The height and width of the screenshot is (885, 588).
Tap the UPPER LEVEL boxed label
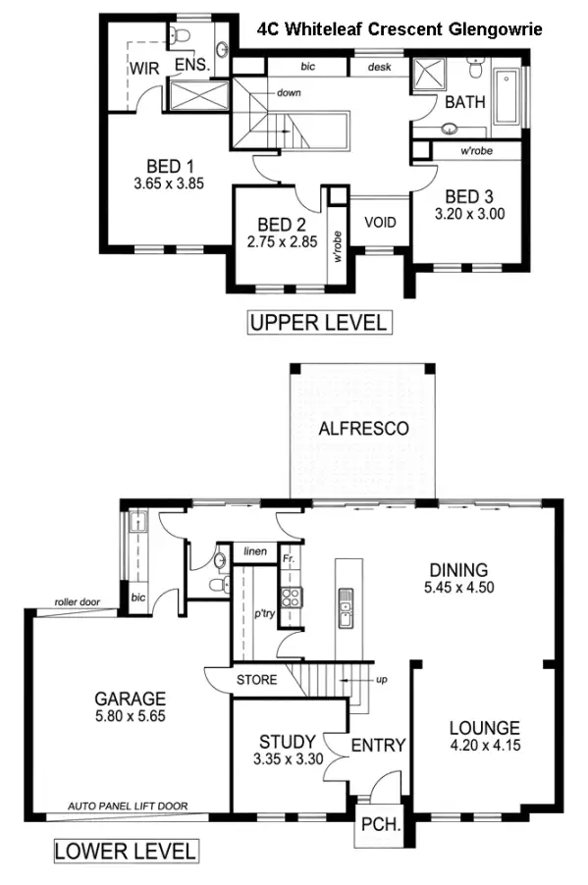(x=317, y=322)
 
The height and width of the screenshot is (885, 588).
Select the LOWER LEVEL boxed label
(x=125, y=850)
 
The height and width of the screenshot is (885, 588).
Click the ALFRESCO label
(x=363, y=429)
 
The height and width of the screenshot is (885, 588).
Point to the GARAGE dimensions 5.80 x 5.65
(x=130, y=716)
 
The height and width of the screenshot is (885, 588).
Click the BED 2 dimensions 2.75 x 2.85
(x=281, y=242)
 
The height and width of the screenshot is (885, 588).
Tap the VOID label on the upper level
(x=380, y=222)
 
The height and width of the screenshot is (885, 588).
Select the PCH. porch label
(x=378, y=825)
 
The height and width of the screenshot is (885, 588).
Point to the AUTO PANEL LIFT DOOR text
(x=128, y=807)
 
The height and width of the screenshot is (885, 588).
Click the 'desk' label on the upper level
(x=380, y=67)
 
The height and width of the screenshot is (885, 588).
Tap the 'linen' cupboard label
(x=255, y=552)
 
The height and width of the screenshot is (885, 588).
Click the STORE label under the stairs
(x=257, y=679)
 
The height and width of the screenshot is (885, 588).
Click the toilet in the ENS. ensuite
(x=180, y=36)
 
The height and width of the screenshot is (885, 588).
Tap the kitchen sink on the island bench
(x=346, y=609)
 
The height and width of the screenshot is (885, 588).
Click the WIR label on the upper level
(x=146, y=69)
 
